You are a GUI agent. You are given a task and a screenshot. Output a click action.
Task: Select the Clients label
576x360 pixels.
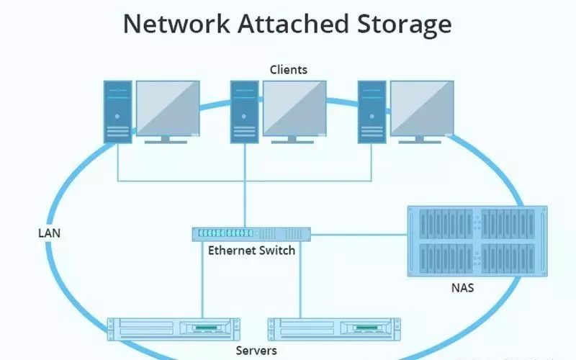tap(288, 70)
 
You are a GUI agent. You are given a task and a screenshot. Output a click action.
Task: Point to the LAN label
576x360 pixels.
tap(48, 233)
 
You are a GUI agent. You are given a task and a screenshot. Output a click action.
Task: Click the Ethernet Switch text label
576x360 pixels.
tap(251, 251)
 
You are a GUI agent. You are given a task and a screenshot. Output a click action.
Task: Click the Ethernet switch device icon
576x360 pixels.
tap(251, 233)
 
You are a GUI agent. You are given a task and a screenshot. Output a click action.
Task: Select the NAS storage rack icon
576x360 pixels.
tap(472, 241)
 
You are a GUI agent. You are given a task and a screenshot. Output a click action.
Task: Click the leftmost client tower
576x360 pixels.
tap(117, 112)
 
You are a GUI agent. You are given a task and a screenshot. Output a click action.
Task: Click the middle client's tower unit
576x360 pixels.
tap(244, 112)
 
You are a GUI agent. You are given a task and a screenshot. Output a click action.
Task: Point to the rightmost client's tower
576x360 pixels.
tap(372, 112)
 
